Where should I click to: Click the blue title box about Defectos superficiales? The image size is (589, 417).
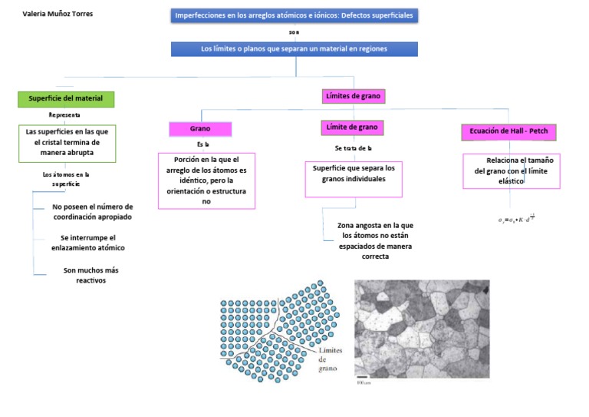click(x=294, y=15)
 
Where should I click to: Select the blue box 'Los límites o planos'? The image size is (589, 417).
click(x=294, y=49)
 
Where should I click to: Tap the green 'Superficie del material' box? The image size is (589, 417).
click(x=66, y=99)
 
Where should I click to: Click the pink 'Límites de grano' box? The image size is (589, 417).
click(x=354, y=96)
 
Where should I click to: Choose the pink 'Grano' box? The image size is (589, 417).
click(x=200, y=128)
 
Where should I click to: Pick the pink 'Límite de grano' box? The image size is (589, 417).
click(x=353, y=127)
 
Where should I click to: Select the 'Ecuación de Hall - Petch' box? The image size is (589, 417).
click(x=508, y=132)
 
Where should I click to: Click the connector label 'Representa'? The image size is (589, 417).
click(x=64, y=115)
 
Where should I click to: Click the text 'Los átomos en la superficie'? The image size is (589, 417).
click(x=66, y=179)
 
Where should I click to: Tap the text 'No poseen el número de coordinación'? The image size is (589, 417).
click(x=92, y=212)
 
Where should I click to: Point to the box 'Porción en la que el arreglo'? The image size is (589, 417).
click(x=206, y=180)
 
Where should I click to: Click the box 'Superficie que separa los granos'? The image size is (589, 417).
click(x=354, y=174)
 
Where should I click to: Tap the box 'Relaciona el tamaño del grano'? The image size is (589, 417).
click(x=512, y=170)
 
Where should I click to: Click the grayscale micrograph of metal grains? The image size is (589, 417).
click(x=422, y=329)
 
